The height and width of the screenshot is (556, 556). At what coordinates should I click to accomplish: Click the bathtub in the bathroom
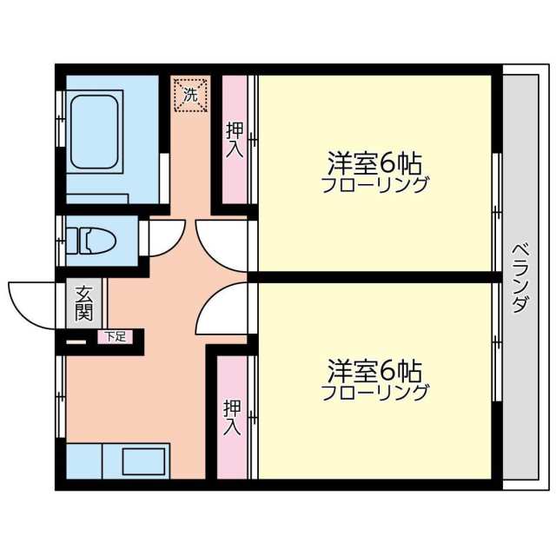95,134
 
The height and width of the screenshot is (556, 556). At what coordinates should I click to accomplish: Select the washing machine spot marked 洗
190,93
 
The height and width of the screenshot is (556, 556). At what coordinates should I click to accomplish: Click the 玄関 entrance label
84,302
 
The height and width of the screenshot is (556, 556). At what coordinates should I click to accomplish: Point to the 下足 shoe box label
115,336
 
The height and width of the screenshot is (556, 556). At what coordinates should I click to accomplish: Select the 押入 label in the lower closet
232,417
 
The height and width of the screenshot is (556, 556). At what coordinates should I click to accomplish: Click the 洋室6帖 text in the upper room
374,162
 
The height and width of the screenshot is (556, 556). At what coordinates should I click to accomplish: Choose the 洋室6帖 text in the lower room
374,371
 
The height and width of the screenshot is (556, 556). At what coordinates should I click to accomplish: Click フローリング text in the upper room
374,184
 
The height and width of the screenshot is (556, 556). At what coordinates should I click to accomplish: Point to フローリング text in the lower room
374,393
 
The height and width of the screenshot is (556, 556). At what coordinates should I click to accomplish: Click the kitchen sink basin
143,460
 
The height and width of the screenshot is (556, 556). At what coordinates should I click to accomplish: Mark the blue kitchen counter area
87,460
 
